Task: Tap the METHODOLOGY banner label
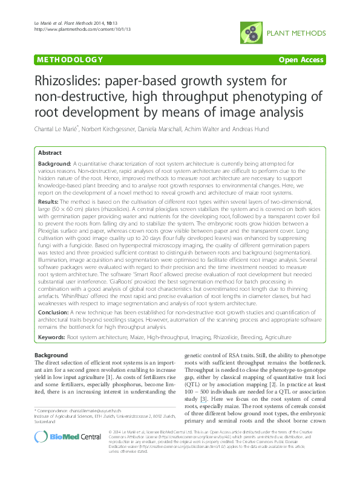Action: click(x=69, y=60)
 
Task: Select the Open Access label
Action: click(x=301, y=60)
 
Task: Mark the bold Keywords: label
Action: click(x=52, y=336)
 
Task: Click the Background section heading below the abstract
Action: click(x=51, y=355)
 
